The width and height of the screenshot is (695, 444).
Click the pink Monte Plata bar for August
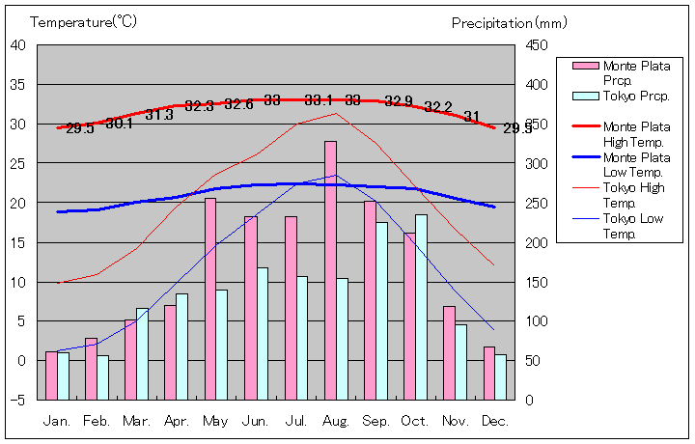coord(330,270)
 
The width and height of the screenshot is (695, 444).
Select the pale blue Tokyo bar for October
coord(421,307)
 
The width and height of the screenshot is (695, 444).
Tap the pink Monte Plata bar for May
coord(210,298)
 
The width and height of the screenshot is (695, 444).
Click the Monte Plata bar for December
coord(489,373)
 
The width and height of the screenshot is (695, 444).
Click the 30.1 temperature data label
coord(120,123)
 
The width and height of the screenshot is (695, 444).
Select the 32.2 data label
coord(438,106)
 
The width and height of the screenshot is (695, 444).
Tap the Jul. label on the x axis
coord(296,422)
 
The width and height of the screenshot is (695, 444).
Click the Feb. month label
coord(97,422)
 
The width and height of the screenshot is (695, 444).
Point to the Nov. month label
coord(456,422)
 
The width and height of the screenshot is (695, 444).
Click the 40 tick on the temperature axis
coord(18,44)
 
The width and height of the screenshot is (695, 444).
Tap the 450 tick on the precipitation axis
coord(538,44)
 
